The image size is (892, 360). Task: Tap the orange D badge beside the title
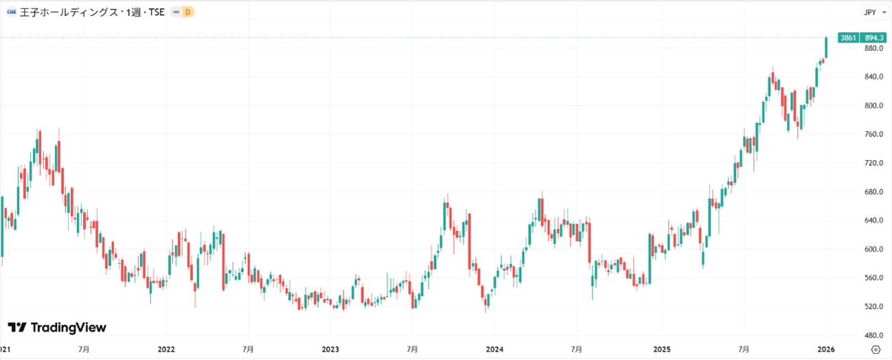(x=188, y=12)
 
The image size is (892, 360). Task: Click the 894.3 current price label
(x=876, y=38)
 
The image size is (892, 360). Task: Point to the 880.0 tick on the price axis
(x=874, y=49)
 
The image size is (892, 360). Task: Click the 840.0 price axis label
(x=874, y=77)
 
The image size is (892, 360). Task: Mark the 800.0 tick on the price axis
(x=874, y=106)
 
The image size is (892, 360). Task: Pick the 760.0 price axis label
(x=874, y=135)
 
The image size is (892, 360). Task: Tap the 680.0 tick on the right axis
(x=874, y=192)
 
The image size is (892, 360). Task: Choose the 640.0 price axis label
(x=874, y=221)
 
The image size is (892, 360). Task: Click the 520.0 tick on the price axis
(x=874, y=306)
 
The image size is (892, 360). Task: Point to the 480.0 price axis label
(x=874, y=335)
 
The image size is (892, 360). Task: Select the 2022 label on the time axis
(x=166, y=349)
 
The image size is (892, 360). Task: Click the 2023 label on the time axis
(x=331, y=349)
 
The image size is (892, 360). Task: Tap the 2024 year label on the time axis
(x=495, y=349)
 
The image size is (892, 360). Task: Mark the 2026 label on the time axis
(x=825, y=349)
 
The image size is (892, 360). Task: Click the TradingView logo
(x=58, y=328)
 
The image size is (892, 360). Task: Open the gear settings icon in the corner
(x=875, y=349)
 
